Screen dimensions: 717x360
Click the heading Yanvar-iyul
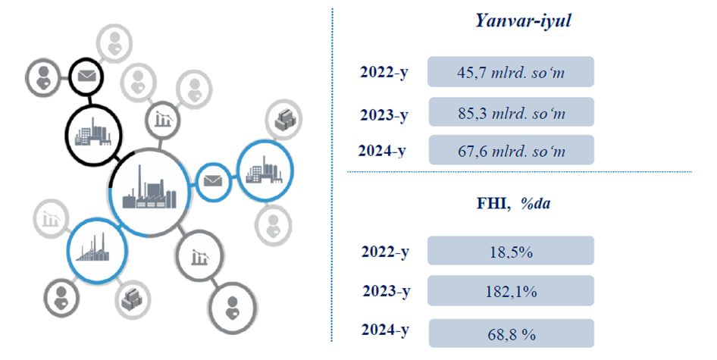click(x=523, y=21)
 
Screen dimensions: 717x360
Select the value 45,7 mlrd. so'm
click(x=511, y=72)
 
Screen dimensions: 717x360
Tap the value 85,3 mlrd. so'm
click(x=512, y=113)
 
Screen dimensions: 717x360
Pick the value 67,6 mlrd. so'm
click(x=512, y=151)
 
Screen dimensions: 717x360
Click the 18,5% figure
click(x=511, y=252)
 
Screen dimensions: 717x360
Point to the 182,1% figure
click(x=511, y=291)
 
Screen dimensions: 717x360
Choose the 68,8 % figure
click(x=512, y=334)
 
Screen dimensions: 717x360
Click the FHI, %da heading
click(x=514, y=202)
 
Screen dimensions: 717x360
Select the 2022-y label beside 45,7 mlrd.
click(x=384, y=73)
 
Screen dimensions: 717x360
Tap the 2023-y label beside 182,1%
click(x=387, y=291)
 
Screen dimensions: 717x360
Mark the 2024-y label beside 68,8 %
click(x=385, y=330)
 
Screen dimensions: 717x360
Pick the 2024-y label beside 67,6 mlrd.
click(x=382, y=151)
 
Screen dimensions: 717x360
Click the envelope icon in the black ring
click(x=86, y=76)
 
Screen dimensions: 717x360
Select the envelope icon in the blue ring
click(x=213, y=181)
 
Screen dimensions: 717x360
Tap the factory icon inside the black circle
click(x=92, y=133)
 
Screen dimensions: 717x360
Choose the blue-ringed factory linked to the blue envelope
click(x=265, y=171)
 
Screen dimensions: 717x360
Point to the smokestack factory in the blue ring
click(x=95, y=249)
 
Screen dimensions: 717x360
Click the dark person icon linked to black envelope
click(x=43, y=78)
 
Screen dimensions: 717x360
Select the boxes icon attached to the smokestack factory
click(x=132, y=299)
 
